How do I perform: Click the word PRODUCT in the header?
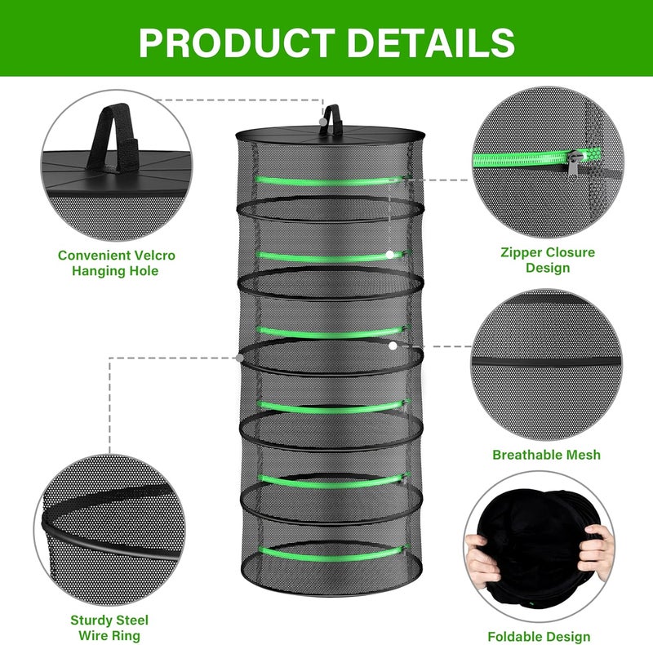[x=237, y=42]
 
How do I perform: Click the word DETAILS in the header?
[x=425, y=42]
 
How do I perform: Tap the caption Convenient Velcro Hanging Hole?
[x=117, y=262]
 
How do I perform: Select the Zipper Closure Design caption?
[x=547, y=260]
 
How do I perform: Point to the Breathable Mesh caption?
[x=546, y=455]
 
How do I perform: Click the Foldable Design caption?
[x=539, y=636]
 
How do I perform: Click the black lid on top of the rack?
[x=331, y=134]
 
